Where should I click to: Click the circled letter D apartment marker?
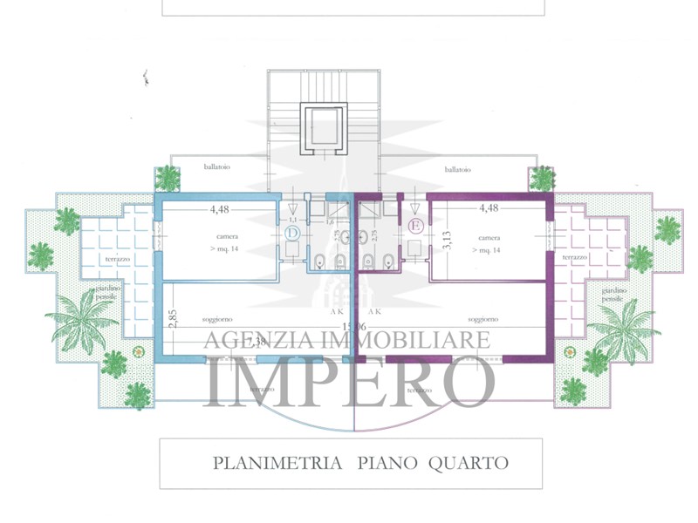[292, 234]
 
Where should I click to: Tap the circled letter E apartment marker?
[416, 227]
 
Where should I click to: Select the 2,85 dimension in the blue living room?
[173, 319]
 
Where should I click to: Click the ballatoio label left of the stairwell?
[219, 166]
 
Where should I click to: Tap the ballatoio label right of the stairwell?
[457, 169]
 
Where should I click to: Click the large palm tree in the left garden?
[80, 320]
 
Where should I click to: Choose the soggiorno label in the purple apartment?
[482, 319]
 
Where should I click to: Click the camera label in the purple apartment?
[489, 237]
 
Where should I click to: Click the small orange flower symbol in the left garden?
[138, 351]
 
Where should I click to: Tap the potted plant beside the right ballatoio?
[542, 178]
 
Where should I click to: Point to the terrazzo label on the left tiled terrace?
[119, 259]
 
